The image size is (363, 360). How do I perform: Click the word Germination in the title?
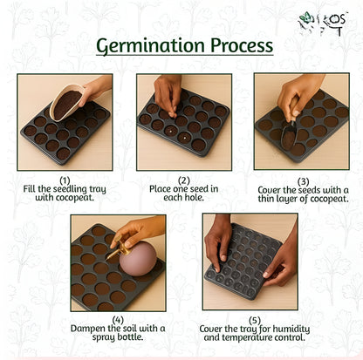[x=150, y=45]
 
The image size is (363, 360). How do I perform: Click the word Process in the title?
[x=242, y=45]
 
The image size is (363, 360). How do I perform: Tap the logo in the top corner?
[x=322, y=24]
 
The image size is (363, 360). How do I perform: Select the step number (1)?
[x=65, y=180]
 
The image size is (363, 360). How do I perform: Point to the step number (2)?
[x=184, y=180]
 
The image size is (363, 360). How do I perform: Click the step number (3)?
[x=303, y=182]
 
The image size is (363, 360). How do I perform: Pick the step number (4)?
[x=118, y=320]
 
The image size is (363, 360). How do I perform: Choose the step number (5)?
[x=255, y=321]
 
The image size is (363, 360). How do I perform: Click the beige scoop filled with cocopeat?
[x=67, y=102]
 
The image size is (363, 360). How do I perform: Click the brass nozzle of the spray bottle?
[x=116, y=252]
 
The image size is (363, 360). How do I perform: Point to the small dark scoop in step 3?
[x=289, y=134]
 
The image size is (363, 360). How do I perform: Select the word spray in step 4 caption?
[x=104, y=337]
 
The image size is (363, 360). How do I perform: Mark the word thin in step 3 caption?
[x=266, y=199]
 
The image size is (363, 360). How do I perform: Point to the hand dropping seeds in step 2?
[x=168, y=94]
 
